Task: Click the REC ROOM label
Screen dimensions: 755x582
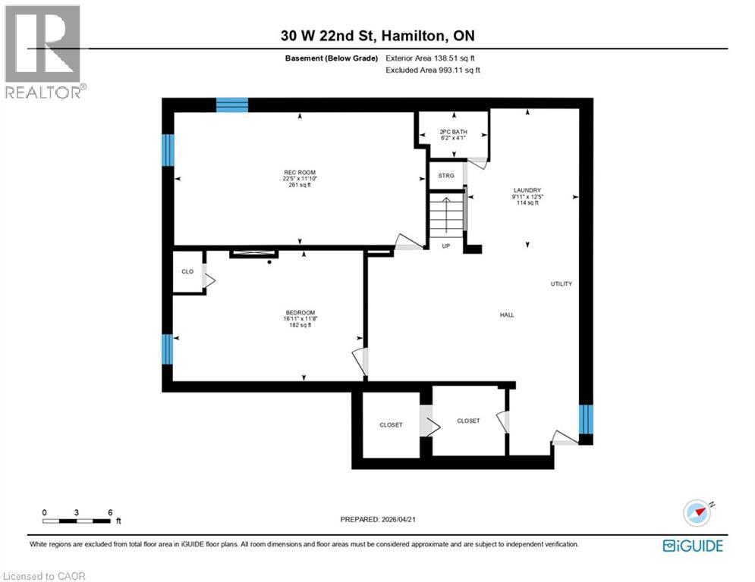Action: click(x=298, y=172)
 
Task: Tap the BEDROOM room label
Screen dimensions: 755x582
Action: click(x=300, y=312)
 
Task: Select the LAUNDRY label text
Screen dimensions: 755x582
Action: click(x=526, y=190)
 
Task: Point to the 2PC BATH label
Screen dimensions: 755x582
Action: click(x=454, y=132)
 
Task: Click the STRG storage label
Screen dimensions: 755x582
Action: click(x=446, y=176)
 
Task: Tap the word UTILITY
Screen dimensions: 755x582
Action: click(x=562, y=283)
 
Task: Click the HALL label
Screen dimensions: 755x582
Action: click(x=507, y=314)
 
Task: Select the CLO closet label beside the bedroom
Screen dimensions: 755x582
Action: click(x=187, y=271)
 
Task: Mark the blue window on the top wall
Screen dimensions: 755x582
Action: click(x=232, y=105)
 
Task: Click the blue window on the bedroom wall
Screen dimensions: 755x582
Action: click(x=168, y=349)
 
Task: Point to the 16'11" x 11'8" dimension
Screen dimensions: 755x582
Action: click(x=300, y=319)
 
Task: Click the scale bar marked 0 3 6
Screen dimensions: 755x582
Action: click(x=78, y=520)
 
